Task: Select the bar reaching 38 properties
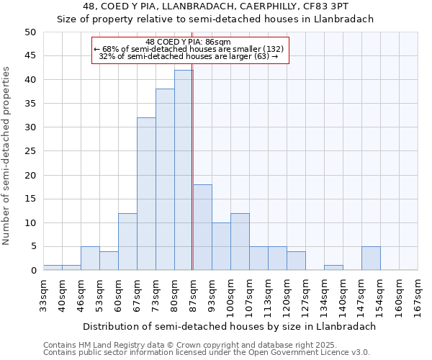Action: (164, 179)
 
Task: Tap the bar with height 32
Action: (145, 194)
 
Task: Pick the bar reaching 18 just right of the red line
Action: (202, 228)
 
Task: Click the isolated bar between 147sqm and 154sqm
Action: (371, 258)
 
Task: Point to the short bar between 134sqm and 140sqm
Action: (333, 268)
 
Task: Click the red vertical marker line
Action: (192, 144)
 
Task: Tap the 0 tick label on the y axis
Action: (32, 271)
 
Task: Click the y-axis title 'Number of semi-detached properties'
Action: (7, 156)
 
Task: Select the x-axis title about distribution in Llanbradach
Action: (230, 326)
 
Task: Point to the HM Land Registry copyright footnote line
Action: (190, 345)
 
